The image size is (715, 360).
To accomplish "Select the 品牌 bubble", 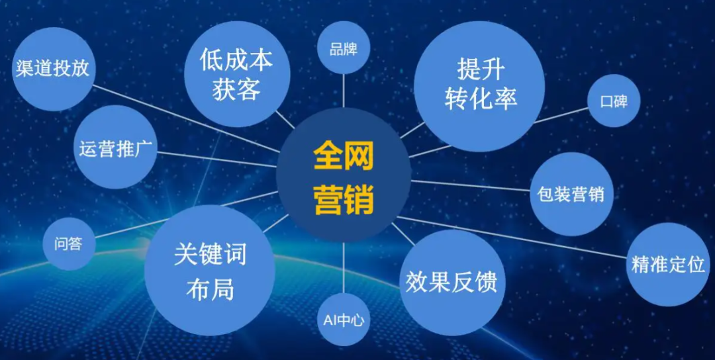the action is pos(343,49).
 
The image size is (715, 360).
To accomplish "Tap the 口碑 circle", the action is pos(614,101).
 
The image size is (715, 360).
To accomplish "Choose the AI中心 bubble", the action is pos(344,320).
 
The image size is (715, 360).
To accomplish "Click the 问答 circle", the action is pos(69,244).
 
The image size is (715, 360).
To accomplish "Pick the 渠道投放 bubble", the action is pos(53,69).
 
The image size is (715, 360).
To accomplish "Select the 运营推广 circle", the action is pos(115,147).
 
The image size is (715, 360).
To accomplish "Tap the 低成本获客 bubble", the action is pos(237,74).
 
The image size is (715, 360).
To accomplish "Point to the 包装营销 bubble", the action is pos(571,194).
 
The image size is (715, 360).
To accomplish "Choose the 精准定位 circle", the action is pos(668,265).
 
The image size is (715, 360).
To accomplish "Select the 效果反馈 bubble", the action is pos(452,283).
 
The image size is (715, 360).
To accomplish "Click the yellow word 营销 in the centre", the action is pos(344,199).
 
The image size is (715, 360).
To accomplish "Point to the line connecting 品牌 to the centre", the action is pos(344,91).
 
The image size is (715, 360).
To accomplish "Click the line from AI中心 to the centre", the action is pos(344,268).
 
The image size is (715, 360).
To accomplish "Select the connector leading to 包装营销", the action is pos(471,185).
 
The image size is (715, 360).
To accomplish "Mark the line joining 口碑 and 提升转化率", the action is pos(561,115).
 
